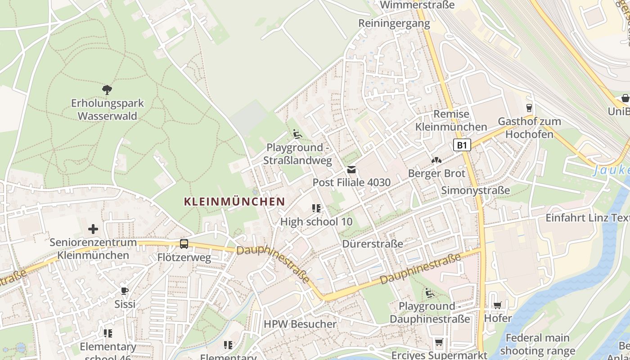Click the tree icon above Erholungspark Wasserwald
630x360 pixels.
pos(107,90)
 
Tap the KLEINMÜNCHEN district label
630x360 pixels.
pos(234,202)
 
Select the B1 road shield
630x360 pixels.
pos(462,145)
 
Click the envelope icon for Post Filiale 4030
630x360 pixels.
pos(351,170)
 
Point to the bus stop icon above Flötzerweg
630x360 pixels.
pos(184,244)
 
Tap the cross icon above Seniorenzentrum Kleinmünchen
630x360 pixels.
pos(93,229)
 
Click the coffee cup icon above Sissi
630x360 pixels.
pos(125,291)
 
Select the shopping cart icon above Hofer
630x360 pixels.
pos(497,306)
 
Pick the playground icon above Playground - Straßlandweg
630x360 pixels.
pos(297,134)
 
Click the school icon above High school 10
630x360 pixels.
pos(316,208)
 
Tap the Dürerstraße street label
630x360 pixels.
pos(373,244)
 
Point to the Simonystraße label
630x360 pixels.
pos(476,190)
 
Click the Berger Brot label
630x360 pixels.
pos(436,174)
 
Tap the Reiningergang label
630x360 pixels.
pos(394,23)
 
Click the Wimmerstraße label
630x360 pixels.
pos(417,5)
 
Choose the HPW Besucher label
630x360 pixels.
pos(300,324)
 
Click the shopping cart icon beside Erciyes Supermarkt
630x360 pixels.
pos(439,342)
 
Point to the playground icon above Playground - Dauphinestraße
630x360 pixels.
pos(429,293)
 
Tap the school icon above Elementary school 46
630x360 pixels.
pos(108,333)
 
